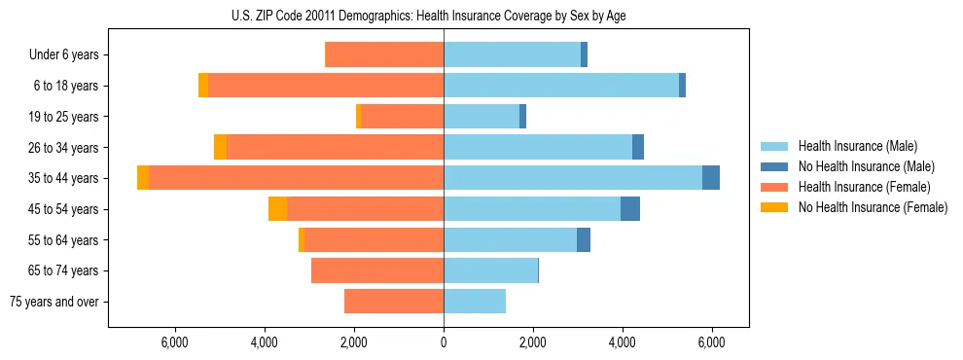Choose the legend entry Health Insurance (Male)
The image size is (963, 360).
(857, 147)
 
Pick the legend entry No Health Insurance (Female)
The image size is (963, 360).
(872, 207)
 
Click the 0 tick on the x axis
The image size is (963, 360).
(444, 342)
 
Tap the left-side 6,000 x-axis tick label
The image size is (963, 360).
(174, 342)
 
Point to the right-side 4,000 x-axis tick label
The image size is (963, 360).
(623, 342)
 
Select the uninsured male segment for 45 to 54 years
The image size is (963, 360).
(630, 209)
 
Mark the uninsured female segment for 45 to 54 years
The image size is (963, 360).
(277, 209)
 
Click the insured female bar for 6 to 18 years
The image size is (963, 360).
(326, 86)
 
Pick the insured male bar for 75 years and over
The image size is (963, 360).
(475, 302)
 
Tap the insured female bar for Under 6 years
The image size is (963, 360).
(384, 55)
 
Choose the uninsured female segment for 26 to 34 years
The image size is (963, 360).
(220, 147)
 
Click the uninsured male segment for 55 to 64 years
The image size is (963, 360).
(584, 240)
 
